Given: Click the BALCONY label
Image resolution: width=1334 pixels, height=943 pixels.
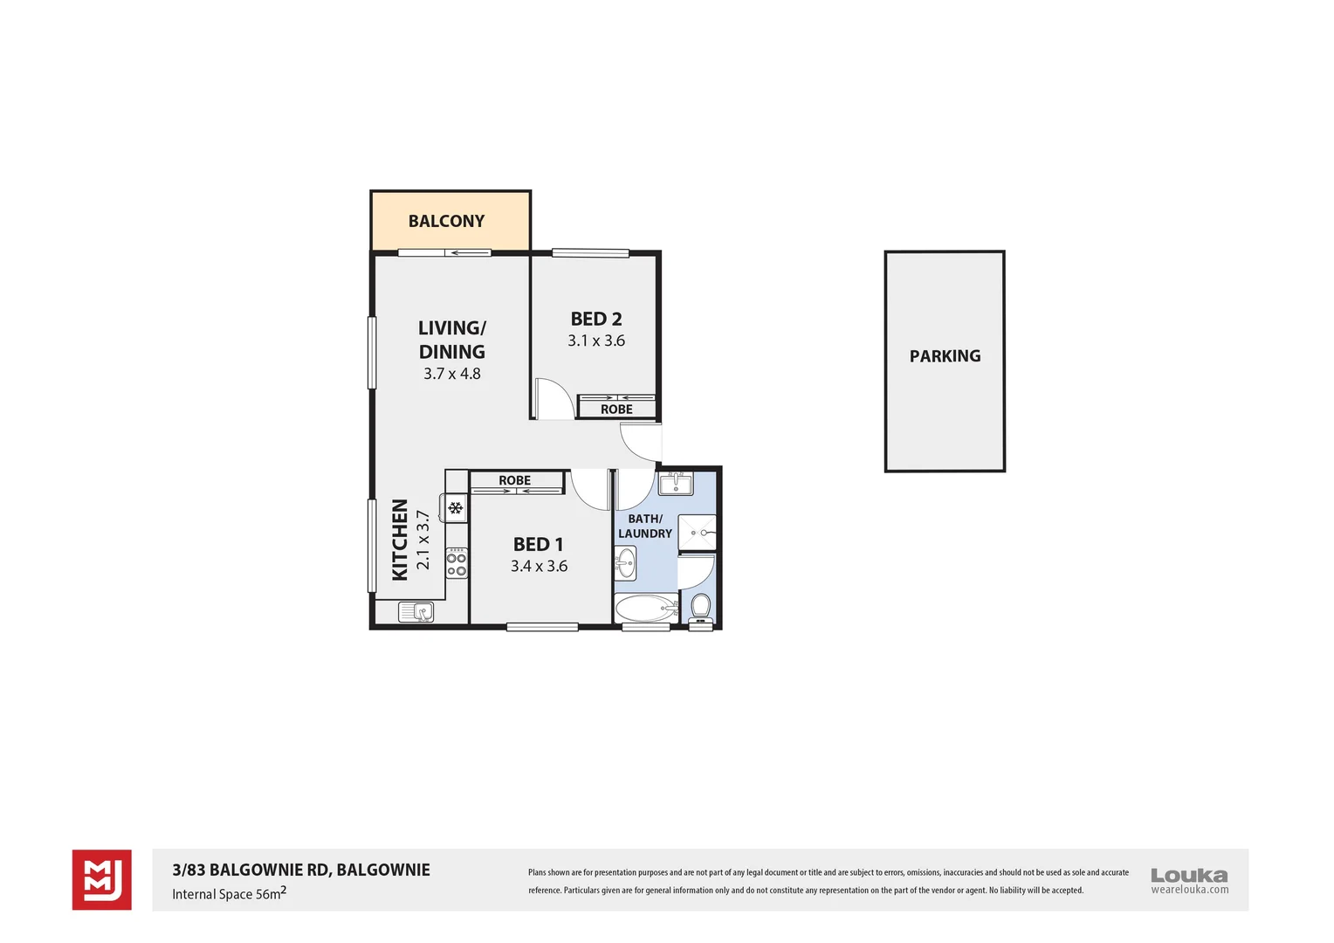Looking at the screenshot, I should pyautogui.click(x=446, y=221).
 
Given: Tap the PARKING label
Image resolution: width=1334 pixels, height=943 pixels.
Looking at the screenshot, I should pyautogui.click(x=945, y=356).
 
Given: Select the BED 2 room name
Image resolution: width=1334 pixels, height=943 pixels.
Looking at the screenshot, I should pyautogui.click(x=596, y=320).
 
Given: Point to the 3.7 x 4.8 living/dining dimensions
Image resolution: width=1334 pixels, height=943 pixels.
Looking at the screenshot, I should pyautogui.click(x=451, y=374).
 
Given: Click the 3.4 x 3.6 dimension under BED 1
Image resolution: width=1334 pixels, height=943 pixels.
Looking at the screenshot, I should pyautogui.click(x=539, y=567).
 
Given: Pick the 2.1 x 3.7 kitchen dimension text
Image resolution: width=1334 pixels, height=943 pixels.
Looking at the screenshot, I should pyautogui.click(x=423, y=540).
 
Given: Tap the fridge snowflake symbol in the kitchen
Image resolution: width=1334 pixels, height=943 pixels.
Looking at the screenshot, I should pyautogui.click(x=455, y=507).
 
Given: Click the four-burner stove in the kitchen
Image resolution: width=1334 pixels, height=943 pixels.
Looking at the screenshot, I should pyautogui.click(x=457, y=563).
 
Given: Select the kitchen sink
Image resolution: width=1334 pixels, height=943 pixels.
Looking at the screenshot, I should pyautogui.click(x=416, y=612).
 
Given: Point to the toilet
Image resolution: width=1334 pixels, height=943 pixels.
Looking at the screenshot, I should pyautogui.click(x=701, y=606).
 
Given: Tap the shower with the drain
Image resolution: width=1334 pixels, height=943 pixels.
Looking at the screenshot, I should pyautogui.click(x=698, y=533).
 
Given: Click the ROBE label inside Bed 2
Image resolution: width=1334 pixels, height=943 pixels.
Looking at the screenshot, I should pyautogui.click(x=616, y=410).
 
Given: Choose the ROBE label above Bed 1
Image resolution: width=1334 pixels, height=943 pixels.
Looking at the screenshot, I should pyautogui.click(x=514, y=481).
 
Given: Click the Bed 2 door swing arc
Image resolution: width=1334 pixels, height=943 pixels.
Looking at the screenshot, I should pyautogui.click(x=555, y=398).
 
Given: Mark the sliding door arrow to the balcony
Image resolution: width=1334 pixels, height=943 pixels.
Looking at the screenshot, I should pyautogui.click(x=468, y=253).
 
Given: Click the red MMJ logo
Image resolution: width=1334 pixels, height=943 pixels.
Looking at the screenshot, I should pyautogui.click(x=102, y=879).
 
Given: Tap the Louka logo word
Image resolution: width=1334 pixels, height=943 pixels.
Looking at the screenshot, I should pyautogui.click(x=1188, y=875).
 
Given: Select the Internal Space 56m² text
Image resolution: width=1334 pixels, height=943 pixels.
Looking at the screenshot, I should pyautogui.click(x=229, y=893).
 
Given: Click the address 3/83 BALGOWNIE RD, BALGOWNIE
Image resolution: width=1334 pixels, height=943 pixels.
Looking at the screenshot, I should pyautogui.click(x=301, y=870).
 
